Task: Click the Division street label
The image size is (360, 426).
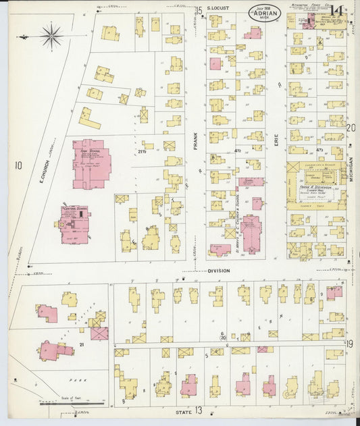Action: click(218, 270)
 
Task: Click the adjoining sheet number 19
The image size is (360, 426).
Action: click(351, 344)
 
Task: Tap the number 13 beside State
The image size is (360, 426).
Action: click(199, 410)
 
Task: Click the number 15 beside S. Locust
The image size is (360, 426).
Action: click(199, 9)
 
